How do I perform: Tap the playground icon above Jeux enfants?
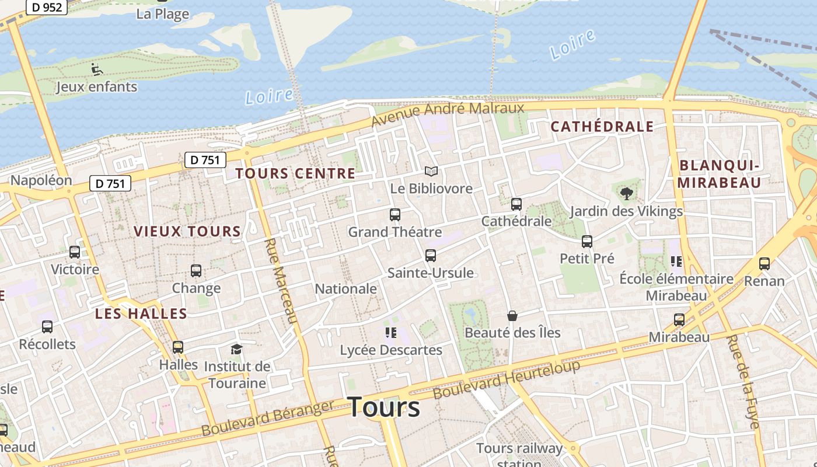point(97,69)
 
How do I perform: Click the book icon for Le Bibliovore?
point(431,172)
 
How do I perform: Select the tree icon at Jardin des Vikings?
point(627,193)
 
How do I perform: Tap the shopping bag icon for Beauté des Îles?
point(512,316)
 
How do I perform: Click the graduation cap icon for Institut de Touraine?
point(236,349)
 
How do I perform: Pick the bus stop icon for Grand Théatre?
point(395,215)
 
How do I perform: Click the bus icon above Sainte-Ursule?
point(431,256)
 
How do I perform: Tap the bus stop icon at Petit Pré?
point(587,241)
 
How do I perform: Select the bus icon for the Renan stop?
point(764,264)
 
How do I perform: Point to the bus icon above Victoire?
point(75,252)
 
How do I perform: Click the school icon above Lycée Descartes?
point(391,333)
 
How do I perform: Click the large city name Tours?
point(384,407)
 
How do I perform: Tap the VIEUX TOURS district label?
point(187,232)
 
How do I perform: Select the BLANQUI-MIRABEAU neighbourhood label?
point(720,174)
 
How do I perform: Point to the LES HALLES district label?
point(141,314)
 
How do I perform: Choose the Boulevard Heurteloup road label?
point(507,379)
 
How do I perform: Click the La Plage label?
point(163,14)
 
